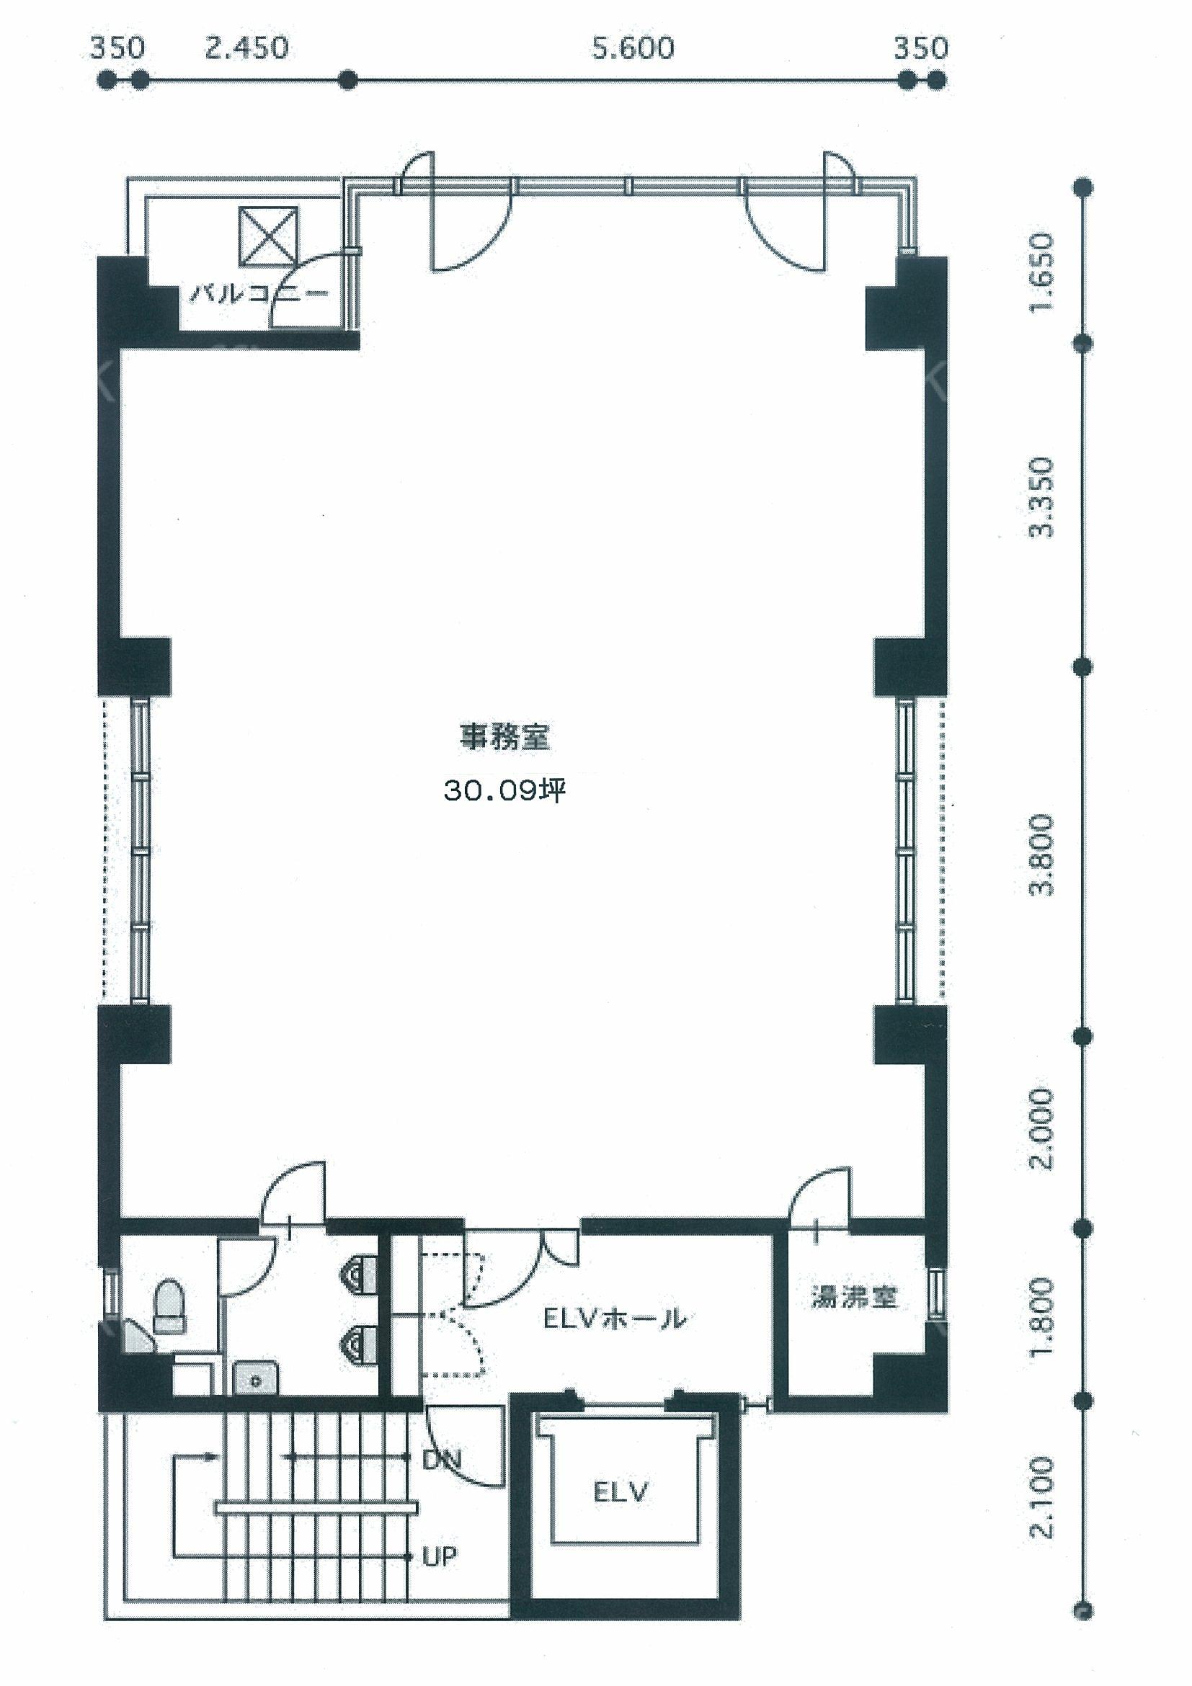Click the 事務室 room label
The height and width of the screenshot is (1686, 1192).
tap(504, 736)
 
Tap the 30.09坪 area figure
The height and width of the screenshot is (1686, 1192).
tap(504, 790)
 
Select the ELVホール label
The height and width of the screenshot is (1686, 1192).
tap(615, 1319)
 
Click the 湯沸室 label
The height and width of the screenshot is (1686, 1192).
tap(854, 1297)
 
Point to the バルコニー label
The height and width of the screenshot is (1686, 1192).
tap(259, 295)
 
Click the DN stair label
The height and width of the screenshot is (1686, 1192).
tap(441, 1458)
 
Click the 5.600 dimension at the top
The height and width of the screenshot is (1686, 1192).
tap(633, 48)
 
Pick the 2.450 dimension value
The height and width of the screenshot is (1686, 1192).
tap(246, 48)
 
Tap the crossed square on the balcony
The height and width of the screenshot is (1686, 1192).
tap(269, 236)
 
